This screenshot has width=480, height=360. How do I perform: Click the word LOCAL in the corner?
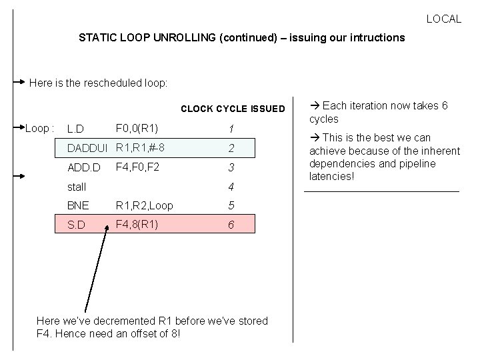(x=443, y=19)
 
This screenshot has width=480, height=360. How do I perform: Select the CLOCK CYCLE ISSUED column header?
(x=233, y=109)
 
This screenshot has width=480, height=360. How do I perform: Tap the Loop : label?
(x=39, y=127)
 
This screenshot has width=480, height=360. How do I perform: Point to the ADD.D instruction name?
(x=82, y=167)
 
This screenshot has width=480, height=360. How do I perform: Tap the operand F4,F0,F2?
(x=137, y=167)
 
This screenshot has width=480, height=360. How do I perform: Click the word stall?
(x=77, y=187)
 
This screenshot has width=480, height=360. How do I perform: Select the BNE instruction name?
(x=78, y=206)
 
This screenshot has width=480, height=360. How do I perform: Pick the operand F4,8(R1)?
(x=137, y=225)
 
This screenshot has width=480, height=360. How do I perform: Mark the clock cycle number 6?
(x=231, y=225)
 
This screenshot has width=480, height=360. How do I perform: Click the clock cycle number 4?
(x=231, y=187)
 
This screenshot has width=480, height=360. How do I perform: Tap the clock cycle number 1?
(x=231, y=129)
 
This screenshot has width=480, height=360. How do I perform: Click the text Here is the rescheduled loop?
(x=99, y=84)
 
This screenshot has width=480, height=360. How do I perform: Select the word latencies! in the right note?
(x=332, y=177)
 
